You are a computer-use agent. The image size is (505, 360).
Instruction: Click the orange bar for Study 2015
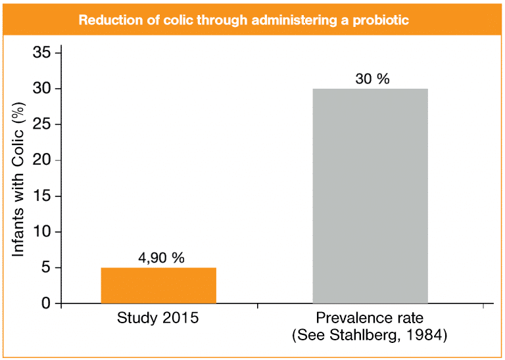pos(158,286)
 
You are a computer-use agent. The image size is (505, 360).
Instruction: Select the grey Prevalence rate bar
pos(370,196)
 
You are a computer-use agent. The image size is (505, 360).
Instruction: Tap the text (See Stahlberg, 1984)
pos(370,336)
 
